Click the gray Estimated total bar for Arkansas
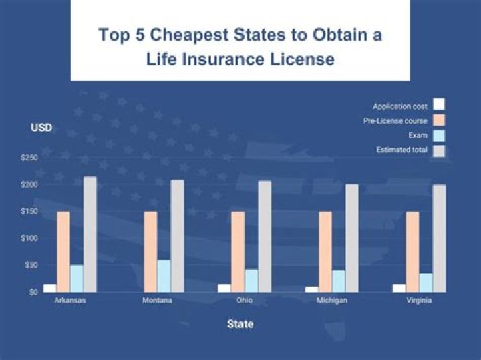pyautogui.click(x=90, y=234)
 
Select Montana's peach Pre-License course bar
pyautogui.click(x=150, y=251)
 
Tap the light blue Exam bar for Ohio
pyautogui.click(x=251, y=280)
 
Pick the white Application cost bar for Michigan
pyautogui.click(x=312, y=289)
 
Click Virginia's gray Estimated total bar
pyautogui.click(x=439, y=238)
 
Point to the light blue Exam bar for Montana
pyautogui.click(x=164, y=275)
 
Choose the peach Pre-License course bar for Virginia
pyautogui.click(x=412, y=251)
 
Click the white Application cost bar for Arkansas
pyautogui.click(x=49, y=288)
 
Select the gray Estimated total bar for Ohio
pyautogui.click(x=265, y=236)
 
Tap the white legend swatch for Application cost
pyautogui.click(x=439, y=104)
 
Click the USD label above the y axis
pyautogui.click(x=41, y=128)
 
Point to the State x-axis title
pyautogui.click(x=240, y=325)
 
